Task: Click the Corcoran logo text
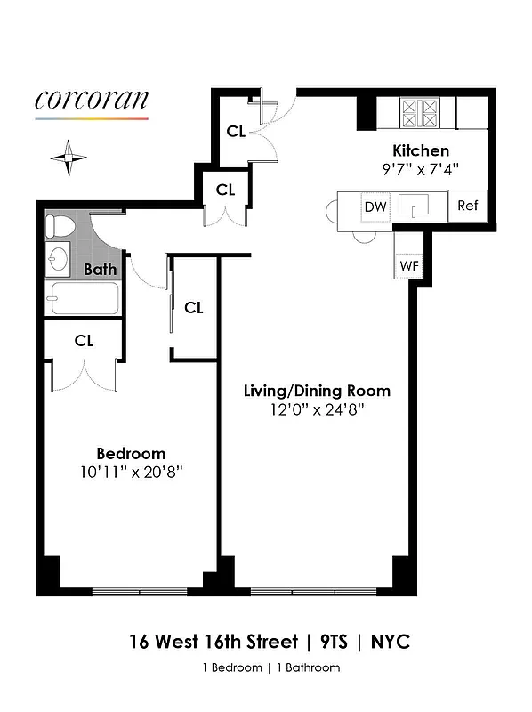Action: pyautogui.click(x=92, y=99)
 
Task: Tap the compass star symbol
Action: pyautogui.click(x=69, y=158)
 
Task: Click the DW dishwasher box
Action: pyautogui.click(x=375, y=206)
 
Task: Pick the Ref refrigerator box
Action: pyautogui.click(x=467, y=206)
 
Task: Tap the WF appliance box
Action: pyautogui.click(x=408, y=265)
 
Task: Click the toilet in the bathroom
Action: pyautogui.click(x=59, y=228)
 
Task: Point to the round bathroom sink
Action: pyautogui.click(x=58, y=260)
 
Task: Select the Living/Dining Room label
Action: pyautogui.click(x=317, y=391)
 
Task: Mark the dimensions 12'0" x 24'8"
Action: pyautogui.click(x=318, y=409)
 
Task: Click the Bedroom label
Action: pyautogui.click(x=132, y=453)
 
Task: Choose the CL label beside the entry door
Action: pyautogui.click(x=236, y=132)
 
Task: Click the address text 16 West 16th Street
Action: pyautogui.click(x=214, y=641)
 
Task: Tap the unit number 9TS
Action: pyautogui.click(x=338, y=641)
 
